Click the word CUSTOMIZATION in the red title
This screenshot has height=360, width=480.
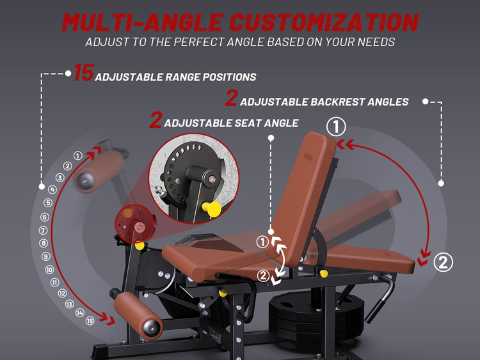(324, 22)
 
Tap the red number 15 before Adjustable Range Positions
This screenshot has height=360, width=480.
(84, 73)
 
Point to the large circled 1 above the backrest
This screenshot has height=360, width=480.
(336, 127)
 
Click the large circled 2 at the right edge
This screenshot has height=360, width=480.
(443, 262)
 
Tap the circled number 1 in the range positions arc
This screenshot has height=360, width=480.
(77, 155)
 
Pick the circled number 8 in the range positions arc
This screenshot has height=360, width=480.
(44, 243)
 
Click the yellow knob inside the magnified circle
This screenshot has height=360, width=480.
(212, 209)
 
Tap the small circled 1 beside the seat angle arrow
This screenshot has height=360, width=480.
(262, 242)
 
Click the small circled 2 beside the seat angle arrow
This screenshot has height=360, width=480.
(263, 276)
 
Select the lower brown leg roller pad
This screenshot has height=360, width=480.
(138, 315)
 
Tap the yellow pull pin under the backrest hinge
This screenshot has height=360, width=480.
(323, 273)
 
